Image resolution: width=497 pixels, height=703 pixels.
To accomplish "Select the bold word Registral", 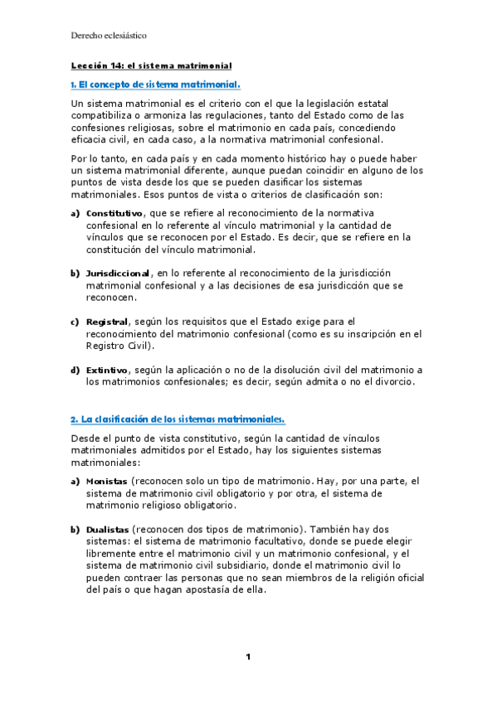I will click(107, 321).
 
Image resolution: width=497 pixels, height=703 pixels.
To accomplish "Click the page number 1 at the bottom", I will click(248, 657).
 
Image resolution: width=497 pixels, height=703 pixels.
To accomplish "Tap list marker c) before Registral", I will click(75, 321).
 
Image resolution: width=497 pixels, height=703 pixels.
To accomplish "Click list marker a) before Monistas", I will click(75, 481).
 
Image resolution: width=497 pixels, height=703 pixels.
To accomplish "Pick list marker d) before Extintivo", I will click(75, 369).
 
